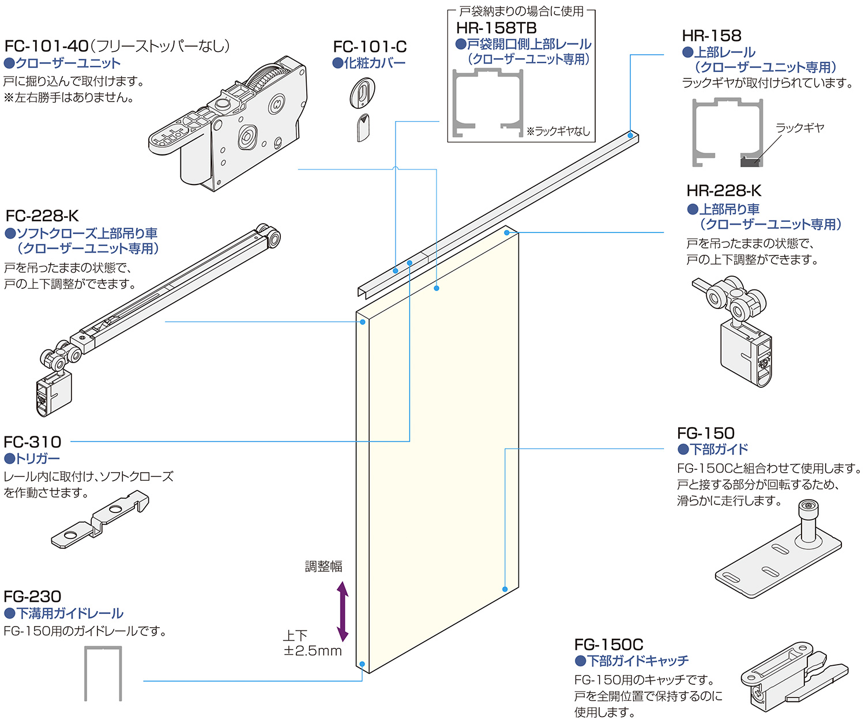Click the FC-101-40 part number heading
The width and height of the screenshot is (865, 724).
47,46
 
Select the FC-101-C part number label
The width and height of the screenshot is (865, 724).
370,47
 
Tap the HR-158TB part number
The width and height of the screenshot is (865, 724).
496,28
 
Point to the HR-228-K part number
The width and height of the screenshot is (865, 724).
724,191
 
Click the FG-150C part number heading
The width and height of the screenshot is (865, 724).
608,644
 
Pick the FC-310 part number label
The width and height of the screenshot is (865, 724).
32,442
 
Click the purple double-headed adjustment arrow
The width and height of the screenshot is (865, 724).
343,612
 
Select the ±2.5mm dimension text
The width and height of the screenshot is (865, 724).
313,651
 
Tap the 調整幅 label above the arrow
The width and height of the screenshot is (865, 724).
324,567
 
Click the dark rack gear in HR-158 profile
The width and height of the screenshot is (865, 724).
750,161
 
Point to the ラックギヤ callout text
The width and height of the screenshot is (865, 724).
799,128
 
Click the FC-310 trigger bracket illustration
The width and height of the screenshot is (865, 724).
101,519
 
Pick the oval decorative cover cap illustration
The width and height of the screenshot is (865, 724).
362,93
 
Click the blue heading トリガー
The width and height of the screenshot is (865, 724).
37,459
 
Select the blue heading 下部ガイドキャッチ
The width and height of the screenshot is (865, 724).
637,661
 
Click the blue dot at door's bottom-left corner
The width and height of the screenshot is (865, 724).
362,664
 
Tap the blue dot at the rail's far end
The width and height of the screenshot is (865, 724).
630,136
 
